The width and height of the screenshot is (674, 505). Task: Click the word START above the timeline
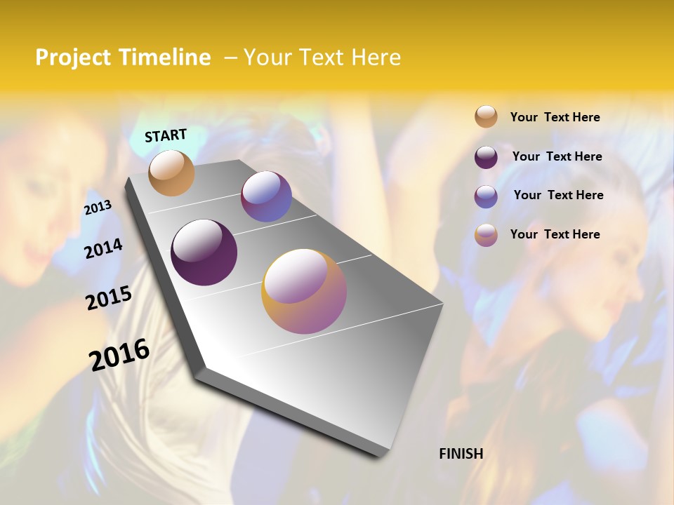(x=166, y=135)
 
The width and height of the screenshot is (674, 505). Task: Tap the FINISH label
(x=461, y=454)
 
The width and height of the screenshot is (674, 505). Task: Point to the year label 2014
(x=103, y=248)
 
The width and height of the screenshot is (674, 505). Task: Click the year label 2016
(x=119, y=355)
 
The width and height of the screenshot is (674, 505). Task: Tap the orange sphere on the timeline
(x=172, y=173)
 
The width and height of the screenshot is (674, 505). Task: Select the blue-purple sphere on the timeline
(x=266, y=197)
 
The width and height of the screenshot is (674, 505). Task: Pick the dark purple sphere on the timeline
(x=204, y=252)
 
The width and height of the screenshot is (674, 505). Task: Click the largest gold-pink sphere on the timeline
(x=304, y=291)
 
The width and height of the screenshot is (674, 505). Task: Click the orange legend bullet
(x=486, y=116)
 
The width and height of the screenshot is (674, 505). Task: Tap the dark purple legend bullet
(x=486, y=157)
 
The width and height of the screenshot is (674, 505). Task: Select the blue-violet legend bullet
(x=486, y=196)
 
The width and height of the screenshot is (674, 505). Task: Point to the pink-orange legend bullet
(x=486, y=235)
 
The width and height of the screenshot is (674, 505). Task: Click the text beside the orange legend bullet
(x=555, y=117)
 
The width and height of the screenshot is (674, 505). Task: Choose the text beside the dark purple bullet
(x=557, y=156)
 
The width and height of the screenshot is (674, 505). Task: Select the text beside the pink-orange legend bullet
(x=555, y=234)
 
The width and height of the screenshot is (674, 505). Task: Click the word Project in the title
(x=73, y=58)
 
